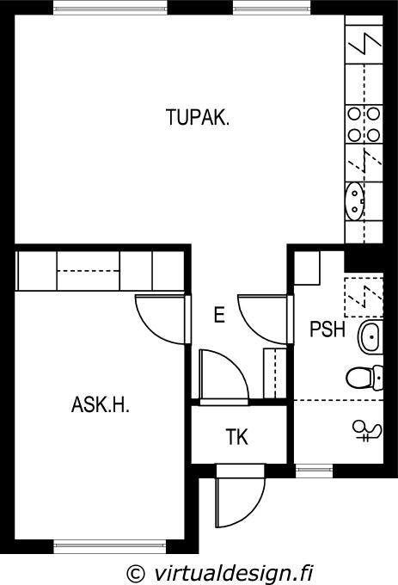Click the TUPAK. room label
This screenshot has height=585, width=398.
pos(198,117)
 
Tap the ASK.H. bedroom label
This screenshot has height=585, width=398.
pos(101,404)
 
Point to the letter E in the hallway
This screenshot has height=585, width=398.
pos(219,315)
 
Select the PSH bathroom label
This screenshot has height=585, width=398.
pos(328,329)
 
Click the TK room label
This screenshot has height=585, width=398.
pos(237,437)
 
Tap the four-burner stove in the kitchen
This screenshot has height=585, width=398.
pos(364,124)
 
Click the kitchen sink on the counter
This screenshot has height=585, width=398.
pos(355,200)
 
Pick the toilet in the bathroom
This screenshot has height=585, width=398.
pos(364,378)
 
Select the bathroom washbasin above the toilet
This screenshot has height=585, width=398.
pos(370,337)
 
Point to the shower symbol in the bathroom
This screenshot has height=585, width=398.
pos(367,432)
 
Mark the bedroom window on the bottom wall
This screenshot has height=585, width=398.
pos(109,546)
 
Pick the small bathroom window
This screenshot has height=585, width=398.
pos(314,471)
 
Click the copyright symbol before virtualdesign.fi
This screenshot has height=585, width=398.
pos(136,573)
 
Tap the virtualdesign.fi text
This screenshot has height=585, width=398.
pos(233,572)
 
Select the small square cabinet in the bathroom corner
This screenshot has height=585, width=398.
pos(307,268)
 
